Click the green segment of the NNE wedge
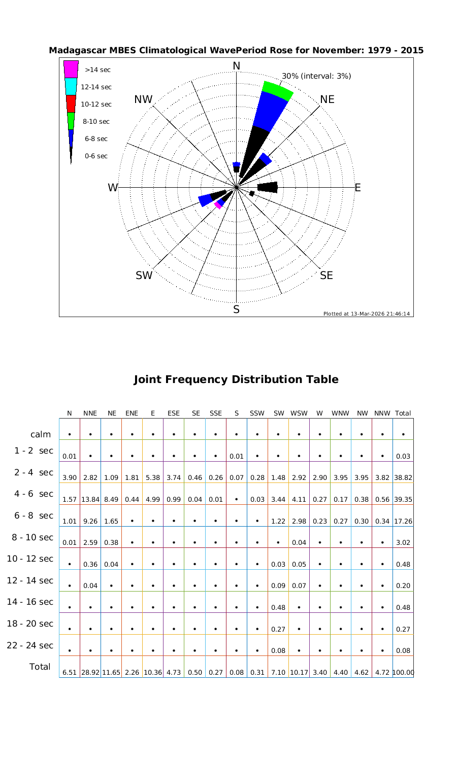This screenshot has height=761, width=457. [277, 90]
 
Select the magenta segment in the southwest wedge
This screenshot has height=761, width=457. [218, 205]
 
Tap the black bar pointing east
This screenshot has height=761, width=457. [268, 187]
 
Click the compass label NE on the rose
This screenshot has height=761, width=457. [328, 99]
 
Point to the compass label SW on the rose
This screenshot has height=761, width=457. [144, 275]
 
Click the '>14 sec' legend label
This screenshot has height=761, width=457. [97, 70]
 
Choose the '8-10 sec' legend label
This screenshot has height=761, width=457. [96, 121]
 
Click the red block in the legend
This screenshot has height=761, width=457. [71, 103]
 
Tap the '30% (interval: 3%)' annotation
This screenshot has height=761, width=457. [316, 76]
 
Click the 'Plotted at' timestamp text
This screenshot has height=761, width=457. [366, 314]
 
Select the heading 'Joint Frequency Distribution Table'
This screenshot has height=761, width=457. [236, 379]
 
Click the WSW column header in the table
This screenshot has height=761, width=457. [300, 413]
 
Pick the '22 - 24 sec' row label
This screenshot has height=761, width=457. [30, 645]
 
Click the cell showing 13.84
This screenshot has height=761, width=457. [90, 499]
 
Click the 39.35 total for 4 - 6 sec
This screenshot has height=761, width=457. [403, 499]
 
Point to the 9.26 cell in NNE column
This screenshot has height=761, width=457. [90, 521]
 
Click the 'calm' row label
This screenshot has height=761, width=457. [41, 434]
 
